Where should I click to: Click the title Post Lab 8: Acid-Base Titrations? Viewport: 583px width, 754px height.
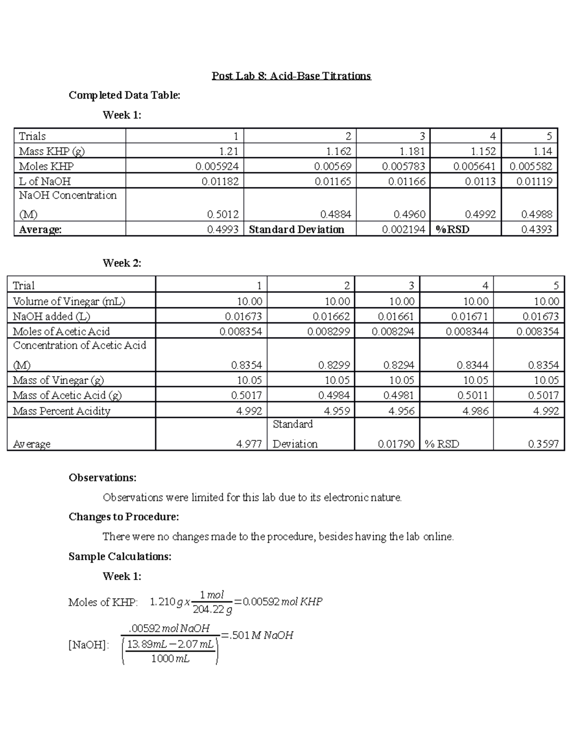(x=291, y=76)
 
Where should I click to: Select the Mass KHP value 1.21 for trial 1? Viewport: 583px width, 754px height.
(x=228, y=151)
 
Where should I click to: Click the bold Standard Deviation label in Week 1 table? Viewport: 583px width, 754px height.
(x=296, y=229)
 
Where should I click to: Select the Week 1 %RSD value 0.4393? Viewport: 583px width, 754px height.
(x=536, y=229)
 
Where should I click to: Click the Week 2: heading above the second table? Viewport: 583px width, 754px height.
(x=122, y=263)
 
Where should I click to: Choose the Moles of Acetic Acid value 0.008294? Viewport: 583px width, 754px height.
(x=393, y=332)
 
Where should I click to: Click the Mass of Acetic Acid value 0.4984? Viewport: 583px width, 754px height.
(x=334, y=395)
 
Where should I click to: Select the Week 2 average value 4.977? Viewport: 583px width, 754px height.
(x=249, y=444)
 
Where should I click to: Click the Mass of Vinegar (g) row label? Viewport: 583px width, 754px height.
(x=58, y=380)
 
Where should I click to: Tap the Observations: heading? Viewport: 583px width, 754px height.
(x=103, y=478)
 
